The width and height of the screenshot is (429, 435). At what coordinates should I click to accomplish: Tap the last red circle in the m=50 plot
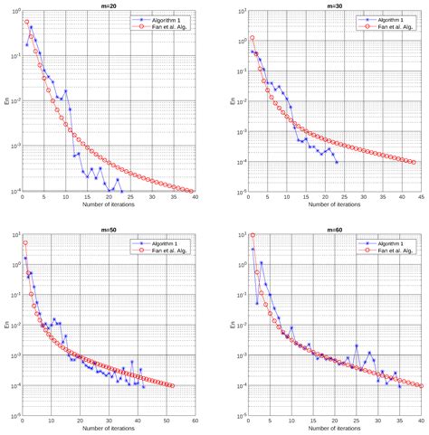172,386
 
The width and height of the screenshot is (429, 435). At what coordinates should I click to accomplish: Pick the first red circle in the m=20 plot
27,22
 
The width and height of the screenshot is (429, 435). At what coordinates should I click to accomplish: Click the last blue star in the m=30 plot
337,162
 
